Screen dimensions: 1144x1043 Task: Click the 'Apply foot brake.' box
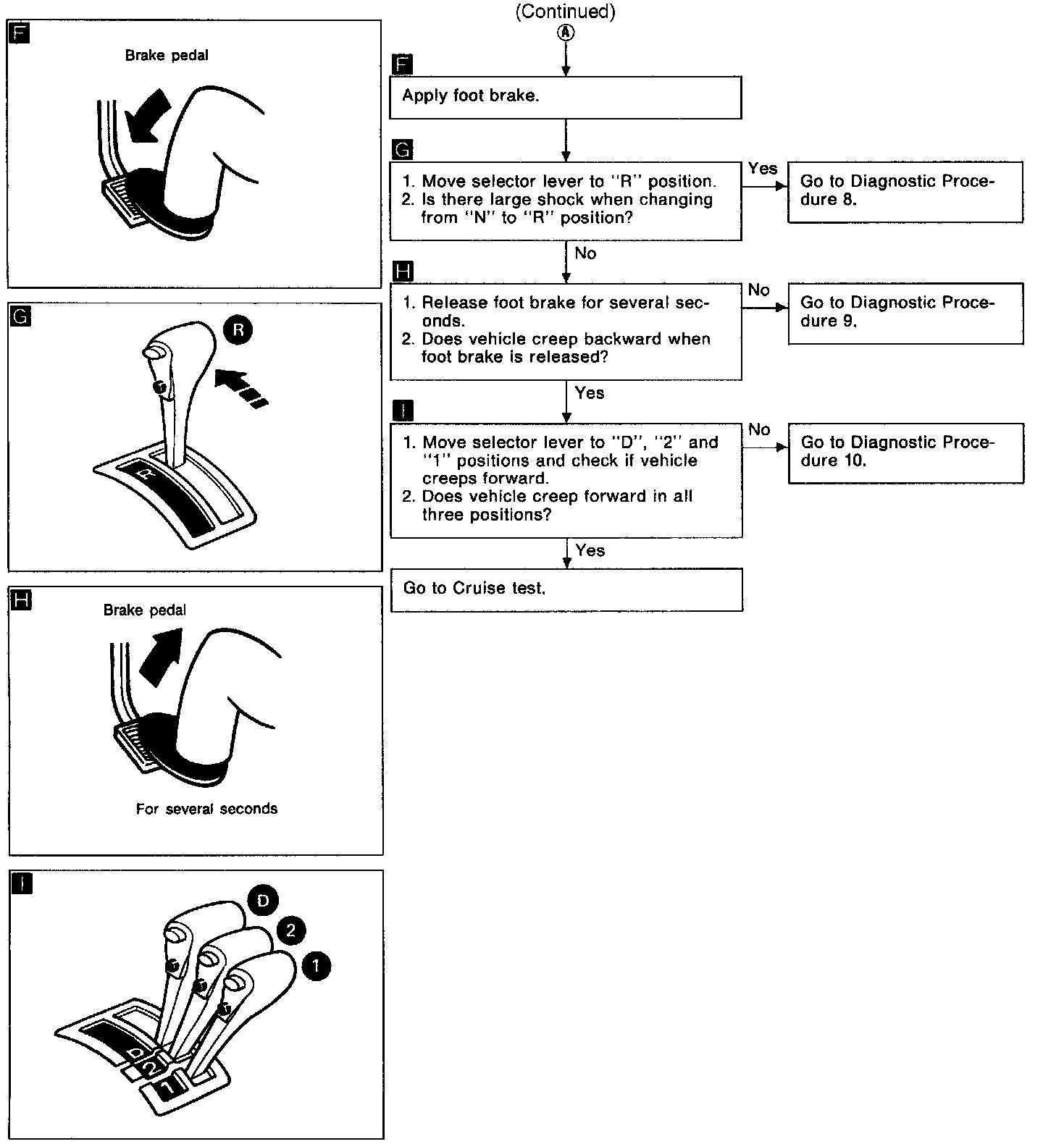[565, 98]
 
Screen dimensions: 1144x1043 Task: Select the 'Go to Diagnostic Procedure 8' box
[905, 191]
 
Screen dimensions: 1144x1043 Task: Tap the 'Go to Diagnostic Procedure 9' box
[905, 313]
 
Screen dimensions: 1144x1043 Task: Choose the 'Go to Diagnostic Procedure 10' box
[905, 453]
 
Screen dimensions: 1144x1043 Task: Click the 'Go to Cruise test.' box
[566, 589]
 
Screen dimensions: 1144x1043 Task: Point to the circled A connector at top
[566, 33]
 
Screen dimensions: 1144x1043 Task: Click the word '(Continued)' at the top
[565, 12]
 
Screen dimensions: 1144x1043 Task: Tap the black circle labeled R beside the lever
[238, 330]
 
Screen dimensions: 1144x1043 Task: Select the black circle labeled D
[262, 900]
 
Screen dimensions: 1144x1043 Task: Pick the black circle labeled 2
[290, 930]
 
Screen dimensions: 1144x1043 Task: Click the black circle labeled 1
[316, 966]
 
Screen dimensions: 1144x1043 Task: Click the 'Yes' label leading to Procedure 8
[763, 169]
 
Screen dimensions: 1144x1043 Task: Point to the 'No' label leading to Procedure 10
[759, 430]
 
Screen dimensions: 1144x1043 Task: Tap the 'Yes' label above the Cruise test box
[590, 551]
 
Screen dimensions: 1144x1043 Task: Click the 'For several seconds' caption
[206, 809]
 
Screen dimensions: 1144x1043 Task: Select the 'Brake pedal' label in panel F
[167, 56]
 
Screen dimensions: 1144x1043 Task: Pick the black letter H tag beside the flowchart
[402, 272]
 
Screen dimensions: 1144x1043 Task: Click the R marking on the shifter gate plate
[146, 474]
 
